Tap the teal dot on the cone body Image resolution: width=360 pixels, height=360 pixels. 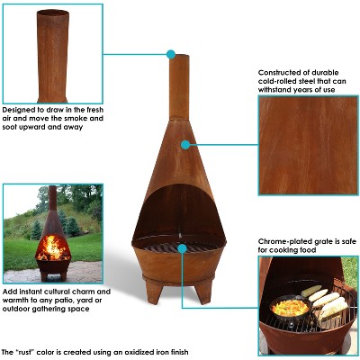[x=184, y=143]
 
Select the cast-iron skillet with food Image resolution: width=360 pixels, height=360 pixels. [x=288, y=310]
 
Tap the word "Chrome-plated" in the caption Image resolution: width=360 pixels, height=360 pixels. [x=286, y=242]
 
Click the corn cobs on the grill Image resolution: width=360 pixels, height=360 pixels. [x=325, y=303]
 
